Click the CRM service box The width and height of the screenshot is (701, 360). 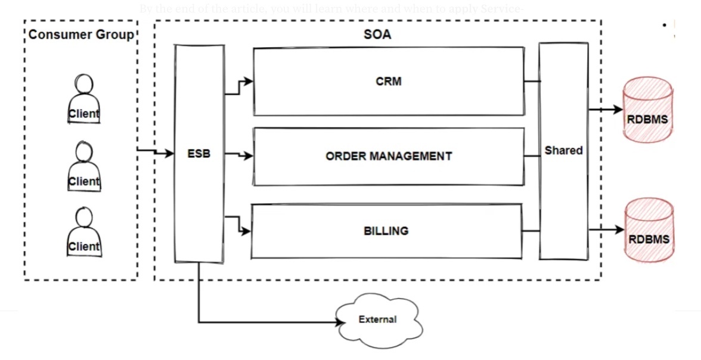coord(389,81)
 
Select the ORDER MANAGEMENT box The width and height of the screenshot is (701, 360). coord(389,156)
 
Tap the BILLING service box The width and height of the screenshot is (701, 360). coord(386,231)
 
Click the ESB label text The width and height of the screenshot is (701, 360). coord(198,154)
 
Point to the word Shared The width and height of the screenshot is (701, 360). coord(563,151)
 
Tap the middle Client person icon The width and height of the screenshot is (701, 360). coord(84,166)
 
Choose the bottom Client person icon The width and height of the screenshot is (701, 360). coord(84,232)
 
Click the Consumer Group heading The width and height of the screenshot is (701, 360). coord(81,35)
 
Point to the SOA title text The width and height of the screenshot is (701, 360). coord(377,35)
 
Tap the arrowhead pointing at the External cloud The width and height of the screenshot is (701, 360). coord(342,322)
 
